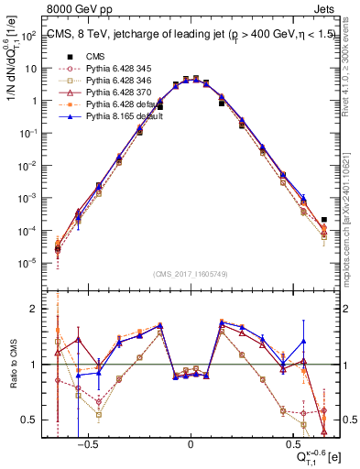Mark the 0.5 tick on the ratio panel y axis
coord(38,420)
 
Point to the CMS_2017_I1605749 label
coord(191,274)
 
